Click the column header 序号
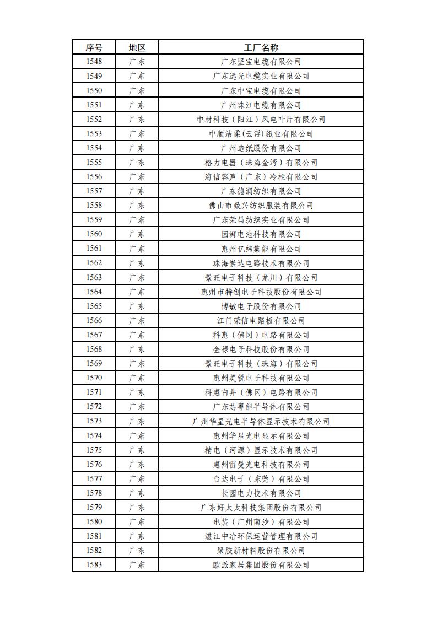pyautogui.click(x=94, y=47)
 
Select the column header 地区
pyautogui.click(x=137, y=47)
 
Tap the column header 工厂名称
pyautogui.click(x=261, y=47)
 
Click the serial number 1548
pyautogui.click(x=94, y=62)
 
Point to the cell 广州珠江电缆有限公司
pyautogui.click(x=261, y=105)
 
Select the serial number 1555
pyautogui.click(x=94, y=162)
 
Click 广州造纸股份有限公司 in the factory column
pyautogui.click(x=261, y=148)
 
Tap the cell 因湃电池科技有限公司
pyautogui.click(x=261, y=234)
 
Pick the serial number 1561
pyautogui.click(x=94, y=249)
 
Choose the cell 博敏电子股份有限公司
pyautogui.click(x=261, y=306)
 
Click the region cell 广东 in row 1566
pyautogui.click(x=137, y=320)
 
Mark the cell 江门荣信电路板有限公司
pyautogui.click(x=261, y=320)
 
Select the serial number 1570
pyautogui.click(x=94, y=378)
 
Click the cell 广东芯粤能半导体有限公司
pyautogui.click(x=261, y=407)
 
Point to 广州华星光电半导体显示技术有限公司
pyautogui.click(x=261, y=421)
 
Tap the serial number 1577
pyautogui.click(x=94, y=478)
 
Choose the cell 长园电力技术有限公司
pyautogui.click(x=261, y=493)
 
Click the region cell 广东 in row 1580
pyautogui.click(x=137, y=521)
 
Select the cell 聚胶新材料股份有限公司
pyautogui.click(x=261, y=550)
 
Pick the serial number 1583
pyautogui.click(x=94, y=564)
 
